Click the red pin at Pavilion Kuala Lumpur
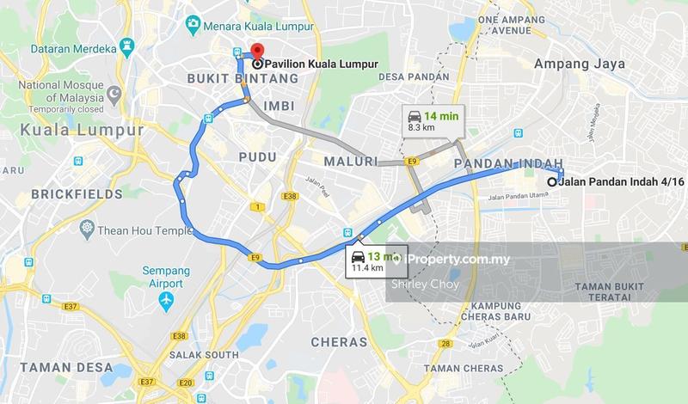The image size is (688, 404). (x=255, y=52)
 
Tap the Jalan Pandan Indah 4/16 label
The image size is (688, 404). (x=613, y=181)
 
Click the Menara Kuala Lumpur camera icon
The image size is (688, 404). (x=193, y=22)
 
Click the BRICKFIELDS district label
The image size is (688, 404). (x=77, y=194)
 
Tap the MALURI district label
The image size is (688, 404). (x=350, y=161)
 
